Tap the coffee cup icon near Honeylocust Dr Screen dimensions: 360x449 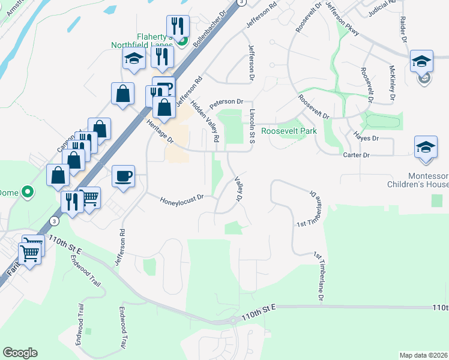click(124, 176)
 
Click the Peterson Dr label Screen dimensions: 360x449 click(226, 102)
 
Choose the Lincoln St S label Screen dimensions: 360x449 click(253, 126)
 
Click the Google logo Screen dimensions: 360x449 click(20, 352)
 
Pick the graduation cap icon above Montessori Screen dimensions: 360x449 click(426, 148)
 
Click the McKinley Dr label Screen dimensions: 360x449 click(391, 83)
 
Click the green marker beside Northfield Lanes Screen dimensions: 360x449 click(185, 41)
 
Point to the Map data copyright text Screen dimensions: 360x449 click(423, 355)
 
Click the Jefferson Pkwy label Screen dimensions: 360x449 click(342, 18)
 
